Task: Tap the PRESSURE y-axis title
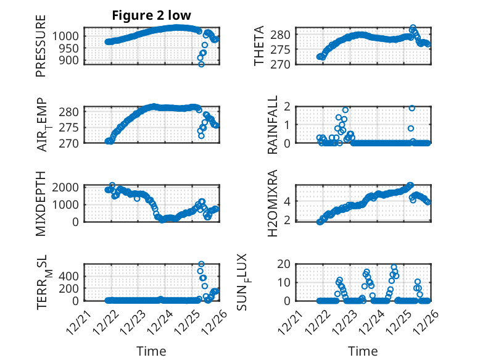[x=41, y=50]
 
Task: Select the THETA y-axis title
[x=259, y=46]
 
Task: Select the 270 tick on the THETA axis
[x=284, y=64]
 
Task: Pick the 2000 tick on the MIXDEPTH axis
[x=67, y=186]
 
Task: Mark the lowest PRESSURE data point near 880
[x=201, y=64]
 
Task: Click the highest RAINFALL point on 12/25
[x=412, y=108]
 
